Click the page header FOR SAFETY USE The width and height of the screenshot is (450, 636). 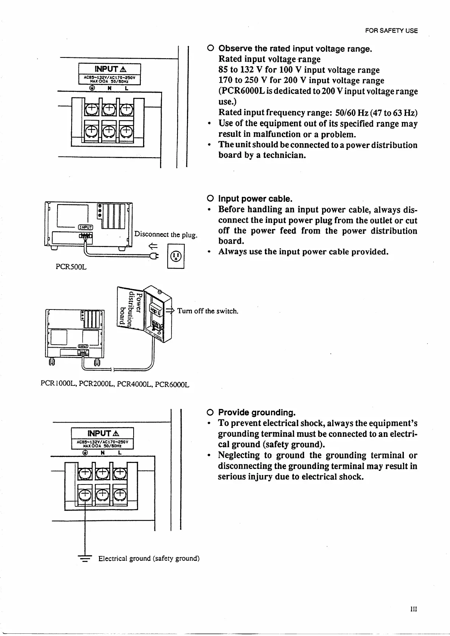point(391,31)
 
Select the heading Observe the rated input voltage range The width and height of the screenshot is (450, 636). point(296,49)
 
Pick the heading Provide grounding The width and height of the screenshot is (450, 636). point(257,412)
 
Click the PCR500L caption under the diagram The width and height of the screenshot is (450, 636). point(71,267)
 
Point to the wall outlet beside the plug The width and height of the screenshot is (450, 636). point(176,257)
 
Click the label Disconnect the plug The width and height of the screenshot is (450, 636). point(166,234)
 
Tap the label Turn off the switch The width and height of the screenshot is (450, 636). point(207,311)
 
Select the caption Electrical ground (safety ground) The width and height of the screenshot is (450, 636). point(149,559)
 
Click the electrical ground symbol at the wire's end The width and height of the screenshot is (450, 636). point(85,559)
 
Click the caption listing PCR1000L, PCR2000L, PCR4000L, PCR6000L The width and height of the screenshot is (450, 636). point(115,385)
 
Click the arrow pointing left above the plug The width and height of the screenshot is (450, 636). point(153,246)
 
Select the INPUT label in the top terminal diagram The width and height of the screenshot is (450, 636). point(109,69)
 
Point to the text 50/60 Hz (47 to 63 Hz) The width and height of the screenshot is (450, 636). point(376,113)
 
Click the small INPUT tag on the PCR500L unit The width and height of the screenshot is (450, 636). point(85,227)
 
